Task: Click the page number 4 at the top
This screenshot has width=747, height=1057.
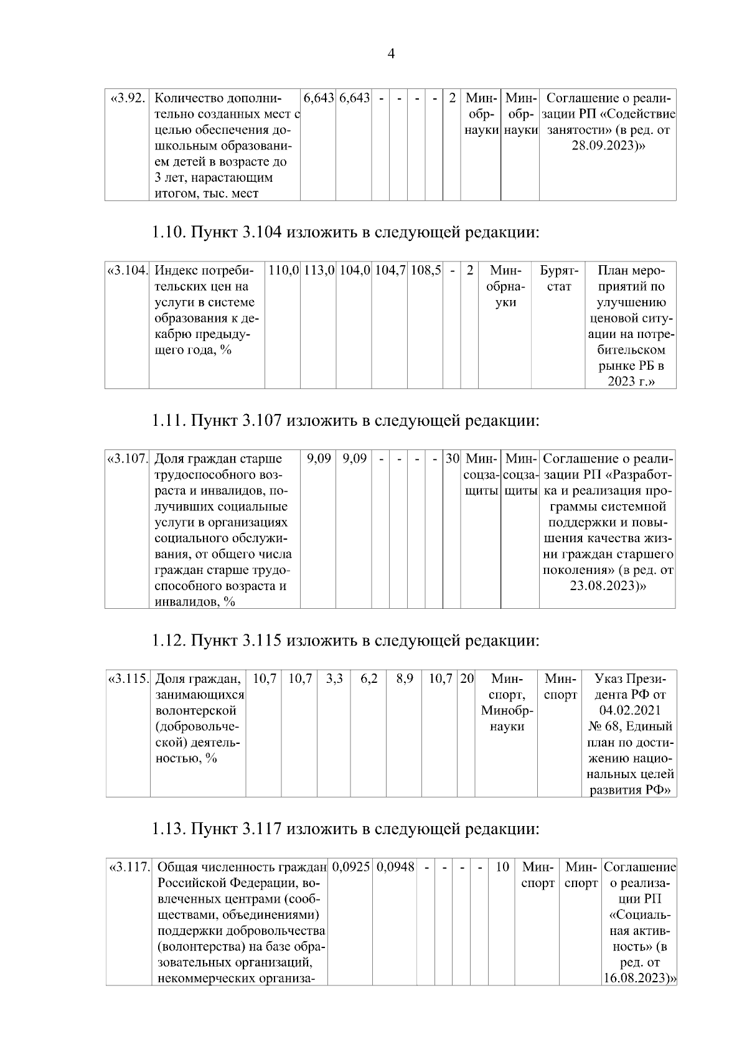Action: pyautogui.click(x=391, y=54)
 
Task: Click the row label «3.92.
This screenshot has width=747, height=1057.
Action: pyautogui.click(x=127, y=98)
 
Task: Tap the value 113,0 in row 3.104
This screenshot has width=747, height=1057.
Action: pyautogui.click(x=319, y=271)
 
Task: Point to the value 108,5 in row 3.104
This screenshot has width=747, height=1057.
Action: pyautogui.click(x=425, y=271)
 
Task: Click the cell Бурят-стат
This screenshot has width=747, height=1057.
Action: pyautogui.click(x=559, y=279)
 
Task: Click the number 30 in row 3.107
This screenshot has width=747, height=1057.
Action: pyautogui.click(x=452, y=459)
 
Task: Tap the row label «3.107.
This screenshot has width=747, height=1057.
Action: pyautogui.click(x=127, y=459)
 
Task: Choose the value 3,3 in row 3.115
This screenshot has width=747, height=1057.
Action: pyautogui.click(x=334, y=679)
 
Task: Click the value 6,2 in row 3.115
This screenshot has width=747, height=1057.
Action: pyautogui.click(x=369, y=679)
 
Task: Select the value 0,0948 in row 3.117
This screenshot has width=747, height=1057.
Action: pyautogui.click(x=396, y=867)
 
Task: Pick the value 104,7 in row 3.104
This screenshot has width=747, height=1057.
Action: pyautogui.click(x=390, y=271)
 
